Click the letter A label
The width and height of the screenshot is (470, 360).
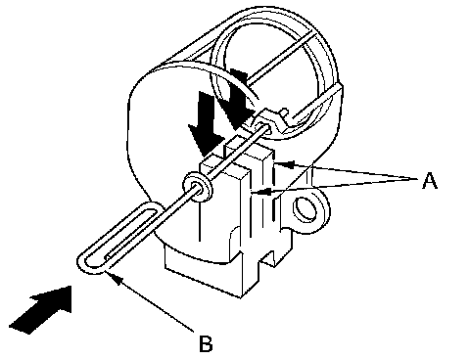(430, 180)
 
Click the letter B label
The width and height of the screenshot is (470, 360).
(206, 343)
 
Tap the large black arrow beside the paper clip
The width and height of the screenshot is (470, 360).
(41, 309)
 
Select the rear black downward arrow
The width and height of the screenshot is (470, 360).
(240, 98)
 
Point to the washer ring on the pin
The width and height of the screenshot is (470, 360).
(197, 188)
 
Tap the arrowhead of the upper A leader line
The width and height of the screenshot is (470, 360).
(284, 163)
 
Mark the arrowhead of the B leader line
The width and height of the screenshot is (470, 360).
(117, 280)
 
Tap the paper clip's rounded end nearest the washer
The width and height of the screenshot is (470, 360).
(154, 207)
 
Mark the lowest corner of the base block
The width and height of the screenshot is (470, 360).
(241, 297)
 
